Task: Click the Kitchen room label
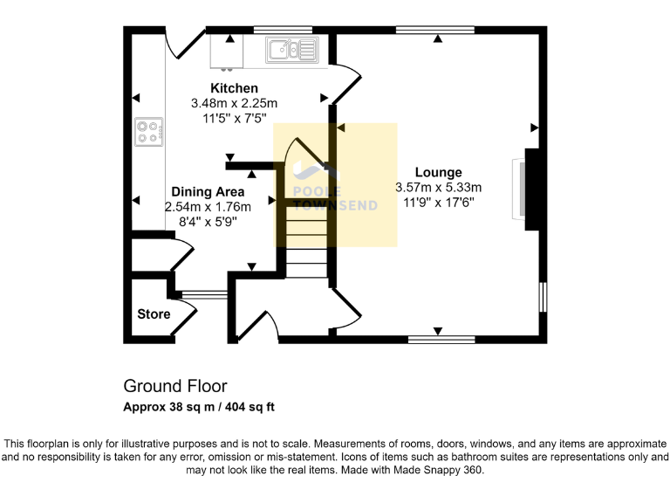233,88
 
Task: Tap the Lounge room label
438,172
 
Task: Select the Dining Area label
208,191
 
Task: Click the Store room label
154,314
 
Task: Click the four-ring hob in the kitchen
148,133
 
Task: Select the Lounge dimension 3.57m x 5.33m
438,187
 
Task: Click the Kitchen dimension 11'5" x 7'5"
233,117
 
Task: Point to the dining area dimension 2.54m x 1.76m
208,207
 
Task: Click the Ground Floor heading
175,385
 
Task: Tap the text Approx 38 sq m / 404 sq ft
200,407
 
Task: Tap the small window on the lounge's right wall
542,296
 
